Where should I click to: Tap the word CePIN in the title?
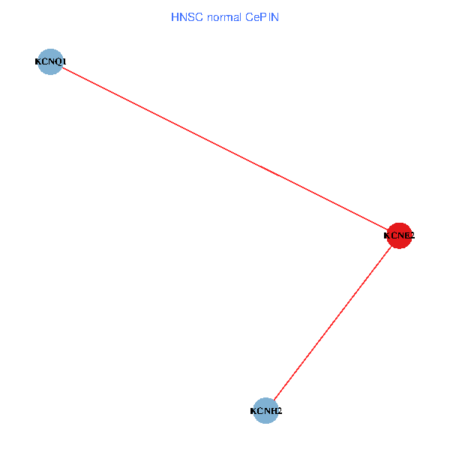[260, 16]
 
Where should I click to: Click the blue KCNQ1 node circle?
[49, 61]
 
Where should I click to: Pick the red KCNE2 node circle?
[399, 235]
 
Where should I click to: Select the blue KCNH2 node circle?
[265, 411]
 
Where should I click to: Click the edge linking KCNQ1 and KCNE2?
[224, 148]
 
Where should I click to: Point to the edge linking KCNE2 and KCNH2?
[332, 323]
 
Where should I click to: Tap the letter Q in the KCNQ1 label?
[57, 61]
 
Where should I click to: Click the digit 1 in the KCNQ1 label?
[64, 61]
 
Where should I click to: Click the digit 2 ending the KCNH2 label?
[279, 411]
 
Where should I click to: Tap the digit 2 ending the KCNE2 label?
[412, 235]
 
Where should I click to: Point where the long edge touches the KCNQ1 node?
[61, 67]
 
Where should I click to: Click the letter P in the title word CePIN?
[265, 16]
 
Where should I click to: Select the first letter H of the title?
[175, 16]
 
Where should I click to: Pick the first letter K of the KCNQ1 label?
[38, 61]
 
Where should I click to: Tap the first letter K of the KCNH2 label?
[253, 411]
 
